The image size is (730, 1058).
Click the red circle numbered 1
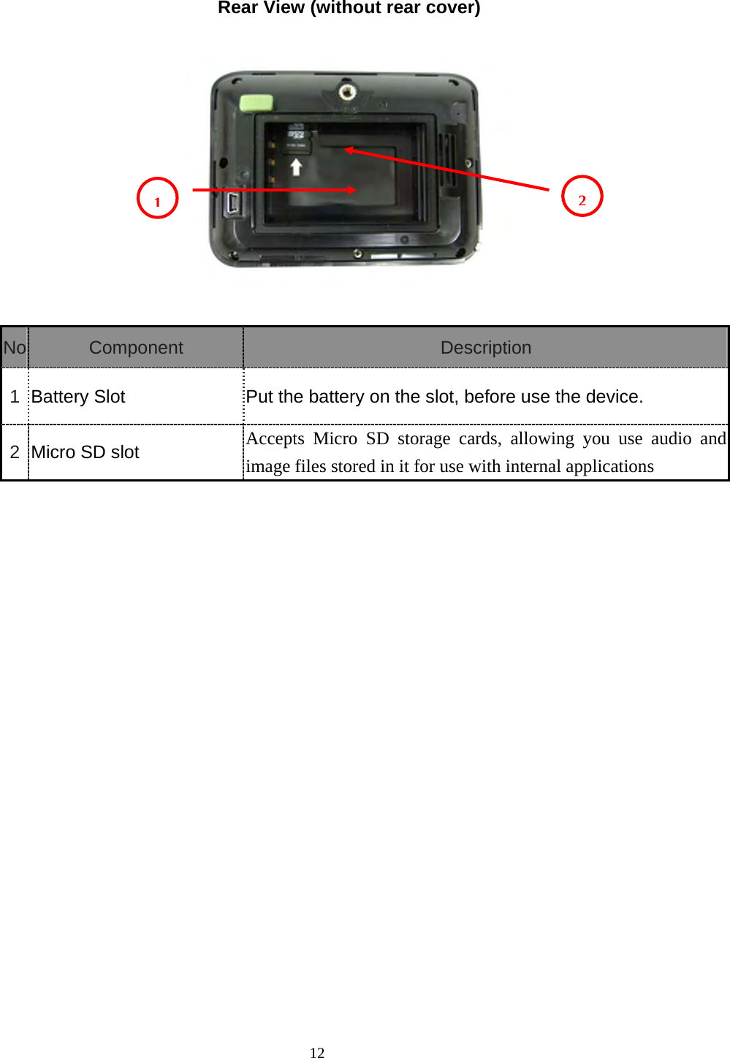click(x=158, y=198)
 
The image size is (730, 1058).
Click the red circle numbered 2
click(x=582, y=197)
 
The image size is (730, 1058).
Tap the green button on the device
click(x=256, y=103)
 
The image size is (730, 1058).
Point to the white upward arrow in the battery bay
click(x=296, y=167)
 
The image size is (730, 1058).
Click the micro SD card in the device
click(x=297, y=139)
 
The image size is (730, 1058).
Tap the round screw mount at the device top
click(x=347, y=93)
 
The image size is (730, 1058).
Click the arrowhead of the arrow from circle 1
click(x=351, y=189)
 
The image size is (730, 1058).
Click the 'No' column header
click(x=15, y=348)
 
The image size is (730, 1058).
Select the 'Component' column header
click(x=136, y=348)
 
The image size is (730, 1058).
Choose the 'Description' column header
click(x=486, y=348)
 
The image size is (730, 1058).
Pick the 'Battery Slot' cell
click(x=78, y=397)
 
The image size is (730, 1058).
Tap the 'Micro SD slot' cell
click(x=85, y=452)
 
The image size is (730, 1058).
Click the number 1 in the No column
click(x=15, y=397)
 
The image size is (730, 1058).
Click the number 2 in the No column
click(x=15, y=452)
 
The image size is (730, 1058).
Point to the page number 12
click(x=317, y=1052)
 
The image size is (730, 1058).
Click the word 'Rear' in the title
click(x=235, y=8)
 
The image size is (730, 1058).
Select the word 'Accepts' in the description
click(x=275, y=438)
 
